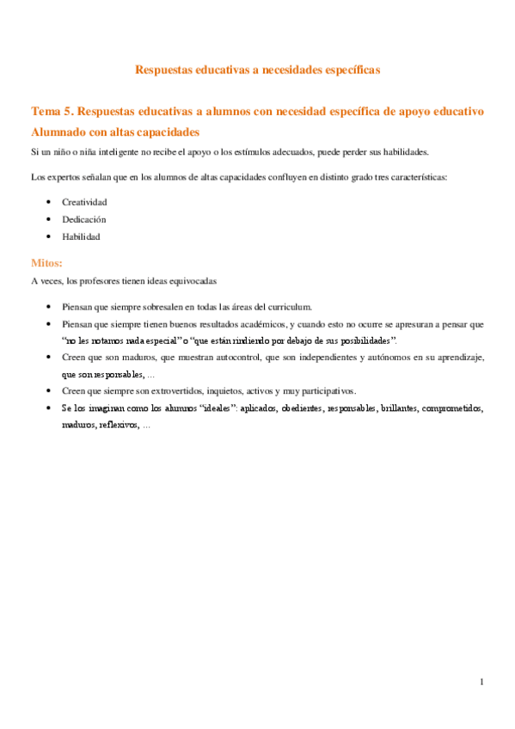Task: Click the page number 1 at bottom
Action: tap(482, 683)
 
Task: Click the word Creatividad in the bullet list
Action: tap(84, 202)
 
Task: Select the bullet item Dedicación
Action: tap(84, 219)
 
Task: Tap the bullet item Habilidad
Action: tap(81, 236)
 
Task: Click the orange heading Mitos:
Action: tap(46, 263)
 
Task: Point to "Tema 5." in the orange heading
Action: tap(50, 112)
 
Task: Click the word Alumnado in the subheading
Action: tap(58, 132)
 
